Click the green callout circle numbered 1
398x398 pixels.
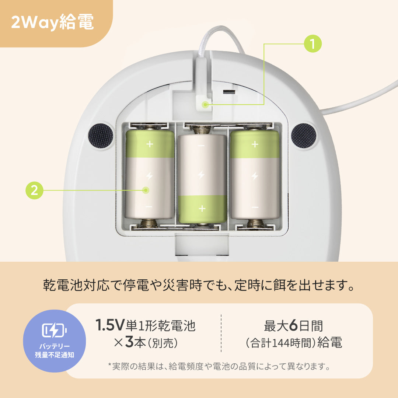[313, 43]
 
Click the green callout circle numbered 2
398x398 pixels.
[35, 190]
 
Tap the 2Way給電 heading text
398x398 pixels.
[53, 22]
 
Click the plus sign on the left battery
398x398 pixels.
[150, 144]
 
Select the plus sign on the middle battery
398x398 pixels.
[202, 209]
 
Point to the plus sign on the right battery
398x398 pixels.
[255, 144]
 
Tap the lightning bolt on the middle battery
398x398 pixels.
[201, 175]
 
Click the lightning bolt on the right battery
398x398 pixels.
[255, 176]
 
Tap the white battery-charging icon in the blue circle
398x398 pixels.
[54, 330]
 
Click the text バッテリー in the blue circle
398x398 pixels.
[54, 346]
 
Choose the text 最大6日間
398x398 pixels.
[293, 326]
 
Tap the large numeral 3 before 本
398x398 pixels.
[129, 342]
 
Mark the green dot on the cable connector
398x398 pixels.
[205, 104]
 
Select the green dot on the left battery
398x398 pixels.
[146, 190]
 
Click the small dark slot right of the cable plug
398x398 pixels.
[229, 92]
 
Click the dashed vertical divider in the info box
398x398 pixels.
[221, 333]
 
